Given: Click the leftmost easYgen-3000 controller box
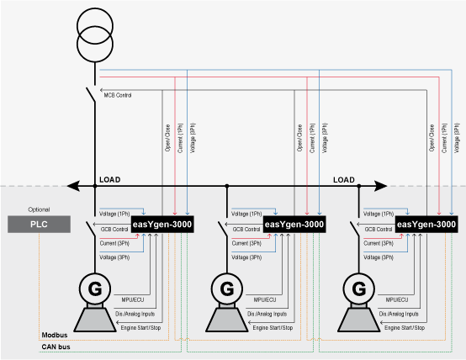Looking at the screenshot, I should [x=162, y=225].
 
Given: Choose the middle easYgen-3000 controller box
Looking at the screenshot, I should [x=294, y=225].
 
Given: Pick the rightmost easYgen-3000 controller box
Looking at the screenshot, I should [x=426, y=225].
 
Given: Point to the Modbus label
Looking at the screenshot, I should [x=53, y=335].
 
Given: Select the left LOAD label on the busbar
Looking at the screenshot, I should [x=110, y=180].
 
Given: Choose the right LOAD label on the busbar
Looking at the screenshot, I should [x=345, y=180].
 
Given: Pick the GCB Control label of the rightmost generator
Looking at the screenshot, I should [x=379, y=229].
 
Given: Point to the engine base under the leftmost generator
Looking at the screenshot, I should [x=95, y=318].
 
